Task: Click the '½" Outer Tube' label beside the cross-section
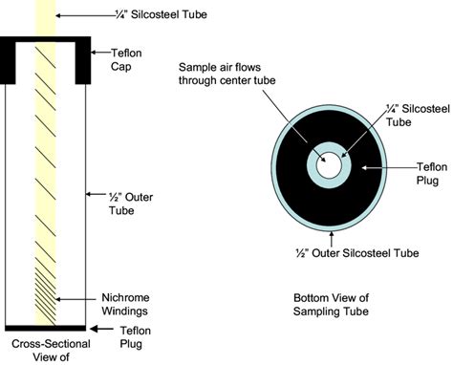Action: click(x=121, y=203)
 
